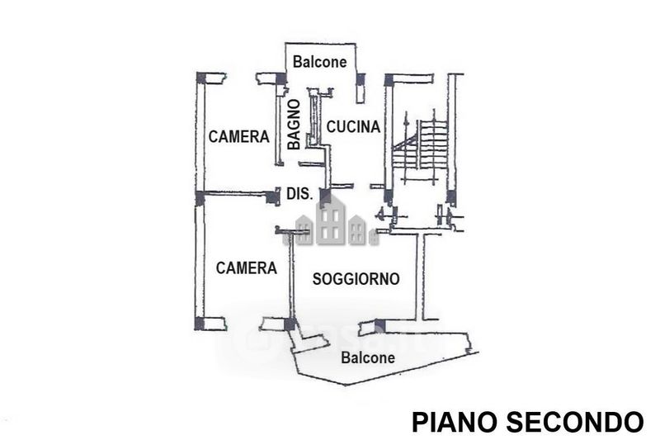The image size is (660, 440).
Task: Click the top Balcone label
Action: (x=319, y=62)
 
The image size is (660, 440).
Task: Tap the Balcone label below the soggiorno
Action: (x=368, y=358)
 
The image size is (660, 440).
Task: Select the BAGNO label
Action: (x=295, y=124)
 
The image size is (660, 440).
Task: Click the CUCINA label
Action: (x=353, y=126)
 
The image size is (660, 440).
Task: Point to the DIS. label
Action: (x=299, y=194)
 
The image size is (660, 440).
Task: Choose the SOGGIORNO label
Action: (x=356, y=279)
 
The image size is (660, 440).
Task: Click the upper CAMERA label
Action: (x=238, y=136)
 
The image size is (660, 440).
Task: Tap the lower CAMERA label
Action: (x=246, y=267)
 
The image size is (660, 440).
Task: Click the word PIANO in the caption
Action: (x=455, y=422)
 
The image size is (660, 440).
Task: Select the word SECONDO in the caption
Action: (x=574, y=422)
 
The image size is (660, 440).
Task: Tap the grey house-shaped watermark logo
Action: (x=332, y=222)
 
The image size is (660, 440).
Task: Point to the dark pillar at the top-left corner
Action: (x=201, y=78)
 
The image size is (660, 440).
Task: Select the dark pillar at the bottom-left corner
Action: (x=199, y=324)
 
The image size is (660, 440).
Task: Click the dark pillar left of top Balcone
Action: (x=280, y=78)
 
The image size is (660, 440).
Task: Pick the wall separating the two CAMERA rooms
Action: (x=236, y=194)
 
